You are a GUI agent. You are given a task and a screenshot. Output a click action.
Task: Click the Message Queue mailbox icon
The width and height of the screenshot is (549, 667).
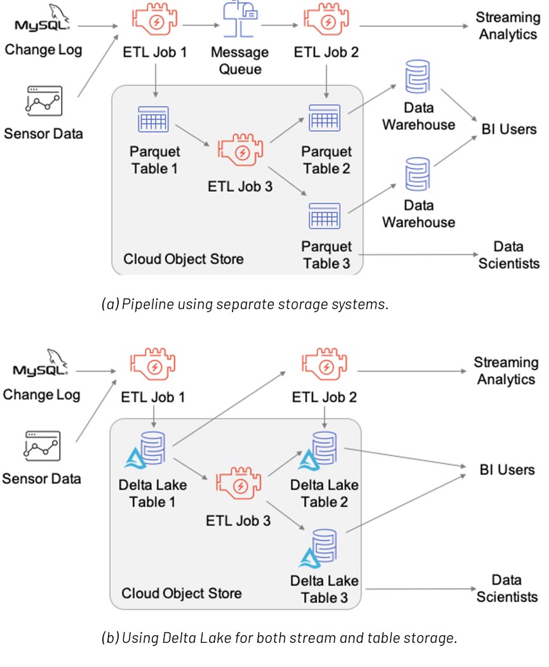tap(240, 20)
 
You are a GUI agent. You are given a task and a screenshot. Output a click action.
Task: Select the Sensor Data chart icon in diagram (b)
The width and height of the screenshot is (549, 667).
tap(42, 446)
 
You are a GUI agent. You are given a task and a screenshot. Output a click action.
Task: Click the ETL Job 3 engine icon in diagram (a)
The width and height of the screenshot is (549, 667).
tap(241, 151)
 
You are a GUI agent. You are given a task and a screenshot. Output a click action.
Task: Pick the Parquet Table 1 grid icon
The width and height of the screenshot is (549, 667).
tap(152, 120)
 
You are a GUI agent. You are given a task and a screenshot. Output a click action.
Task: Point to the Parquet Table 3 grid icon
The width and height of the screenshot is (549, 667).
tap(324, 216)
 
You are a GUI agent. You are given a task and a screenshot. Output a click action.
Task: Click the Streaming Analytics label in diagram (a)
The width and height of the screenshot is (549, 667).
tap(508, 26)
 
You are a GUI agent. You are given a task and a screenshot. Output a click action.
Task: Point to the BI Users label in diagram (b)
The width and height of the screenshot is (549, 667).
tap(507, 470)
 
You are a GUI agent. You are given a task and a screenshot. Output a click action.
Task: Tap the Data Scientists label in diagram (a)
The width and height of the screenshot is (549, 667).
tap(508, 254)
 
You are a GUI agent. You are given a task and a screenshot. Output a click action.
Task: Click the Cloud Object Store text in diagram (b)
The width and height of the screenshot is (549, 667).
tap(181, 593)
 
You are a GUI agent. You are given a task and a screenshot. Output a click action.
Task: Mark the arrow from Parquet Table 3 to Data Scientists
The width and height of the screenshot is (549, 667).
tap(419, 256)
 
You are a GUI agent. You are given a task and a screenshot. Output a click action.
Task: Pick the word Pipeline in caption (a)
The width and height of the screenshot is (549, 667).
tap(142, 304)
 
